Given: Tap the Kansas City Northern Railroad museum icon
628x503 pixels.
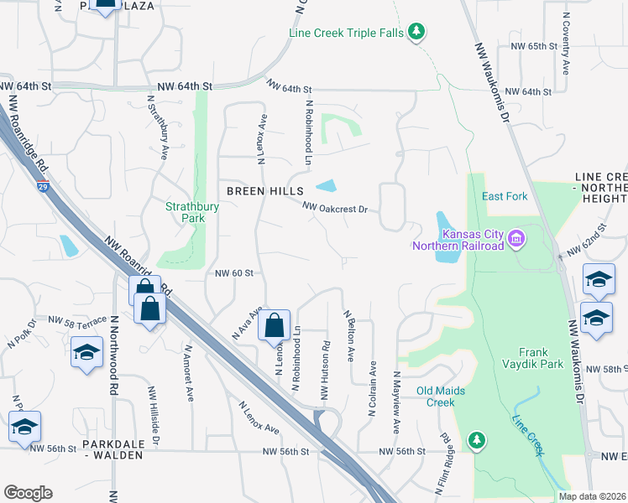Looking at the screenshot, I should (515, 240).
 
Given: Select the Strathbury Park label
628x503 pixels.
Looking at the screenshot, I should (192, 212).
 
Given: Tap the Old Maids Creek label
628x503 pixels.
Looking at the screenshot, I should (447, 397).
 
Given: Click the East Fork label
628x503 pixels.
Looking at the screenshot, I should (505, 196).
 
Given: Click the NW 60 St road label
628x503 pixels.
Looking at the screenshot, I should (234, 272).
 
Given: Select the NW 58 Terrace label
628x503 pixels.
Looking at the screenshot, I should (78, 320).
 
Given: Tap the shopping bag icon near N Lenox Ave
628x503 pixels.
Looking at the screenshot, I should (275, 324).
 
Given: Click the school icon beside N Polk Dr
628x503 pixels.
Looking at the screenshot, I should (86, 352).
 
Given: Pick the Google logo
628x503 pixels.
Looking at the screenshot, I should (28, 493).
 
